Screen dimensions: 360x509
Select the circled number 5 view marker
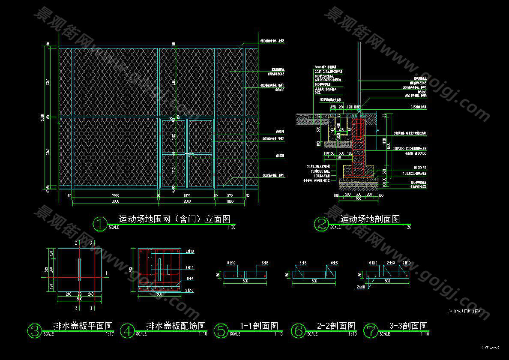[221, 330]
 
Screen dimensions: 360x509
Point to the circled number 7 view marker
[370, 330]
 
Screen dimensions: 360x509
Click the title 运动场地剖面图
[370, 219]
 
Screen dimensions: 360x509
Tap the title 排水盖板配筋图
[176, 326]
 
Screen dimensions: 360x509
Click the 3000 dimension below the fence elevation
[115, 201]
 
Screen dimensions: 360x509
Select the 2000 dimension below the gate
[187, 201]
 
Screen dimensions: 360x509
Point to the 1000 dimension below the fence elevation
[230, 201]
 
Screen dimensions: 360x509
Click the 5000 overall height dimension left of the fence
[42, 117]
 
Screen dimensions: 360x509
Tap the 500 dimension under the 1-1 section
[245, 281]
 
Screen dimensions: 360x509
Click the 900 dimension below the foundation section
[358, 199]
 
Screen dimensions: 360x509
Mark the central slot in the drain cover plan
[79, 270]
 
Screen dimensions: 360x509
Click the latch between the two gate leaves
[187, 153]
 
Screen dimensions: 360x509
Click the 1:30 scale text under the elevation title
[231, 228]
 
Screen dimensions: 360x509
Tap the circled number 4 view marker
[128, 330]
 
